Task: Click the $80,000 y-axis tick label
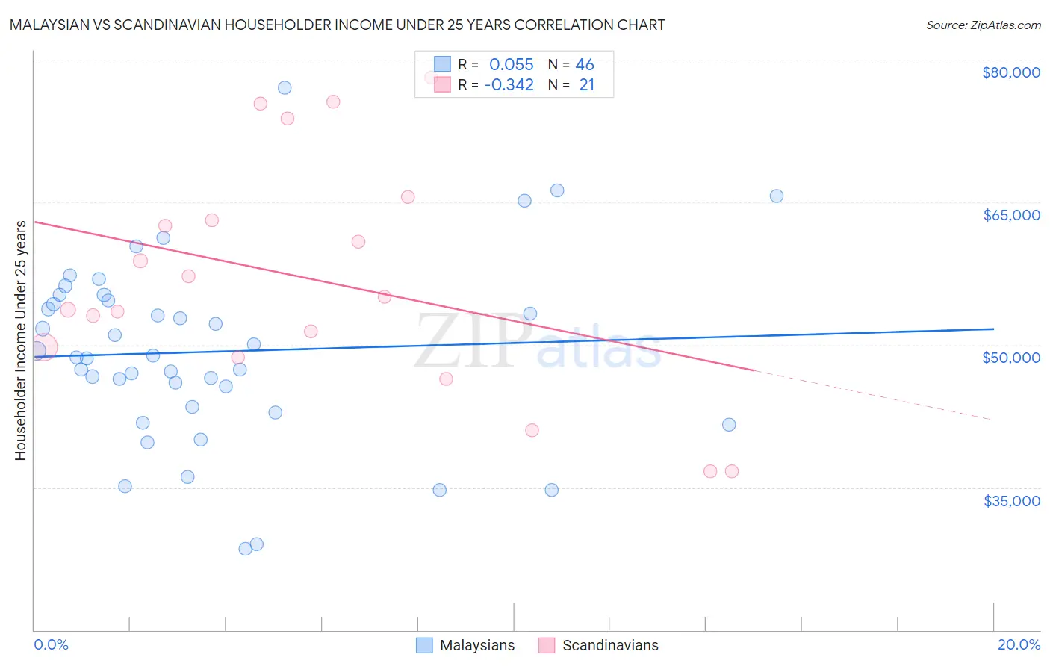[x=1010, y=72]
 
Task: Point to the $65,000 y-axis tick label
[x=1011, y=215]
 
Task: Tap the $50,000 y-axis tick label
[x=1011, y=358]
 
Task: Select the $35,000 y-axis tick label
[x=1011, y=501]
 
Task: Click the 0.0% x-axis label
[x=51, y=644]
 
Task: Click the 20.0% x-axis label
[x=1019, y=644]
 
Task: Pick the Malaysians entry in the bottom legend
[x=476, y=645]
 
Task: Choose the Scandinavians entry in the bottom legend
[x=609, y=645]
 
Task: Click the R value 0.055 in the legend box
[x=511, y=65]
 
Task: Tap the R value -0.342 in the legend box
[x=509, y=85]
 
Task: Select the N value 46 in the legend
[x=585, y=65]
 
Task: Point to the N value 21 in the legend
[x=586, y=85]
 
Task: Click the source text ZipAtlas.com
[x=983, y=25]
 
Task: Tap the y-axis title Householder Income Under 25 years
[x=20, y=340]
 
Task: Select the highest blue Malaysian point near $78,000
[x=285, y=87]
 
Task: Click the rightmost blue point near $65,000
[x=777, y=196]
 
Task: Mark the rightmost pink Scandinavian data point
[x=732, y=471]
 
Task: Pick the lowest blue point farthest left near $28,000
[x=245, y=549]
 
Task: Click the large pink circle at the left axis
[x=43, y=347]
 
